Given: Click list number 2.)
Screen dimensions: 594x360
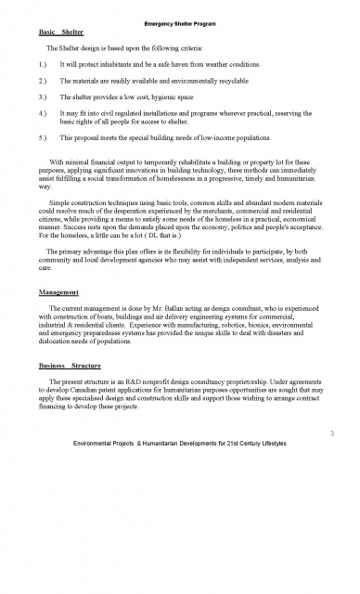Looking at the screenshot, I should pyautogui.click(x=39, y=79).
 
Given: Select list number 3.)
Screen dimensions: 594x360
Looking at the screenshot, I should pyautogui.click(x=39, y=96).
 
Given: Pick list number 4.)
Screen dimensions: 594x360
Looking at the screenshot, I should pyautogui.click(x=39, y=112).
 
